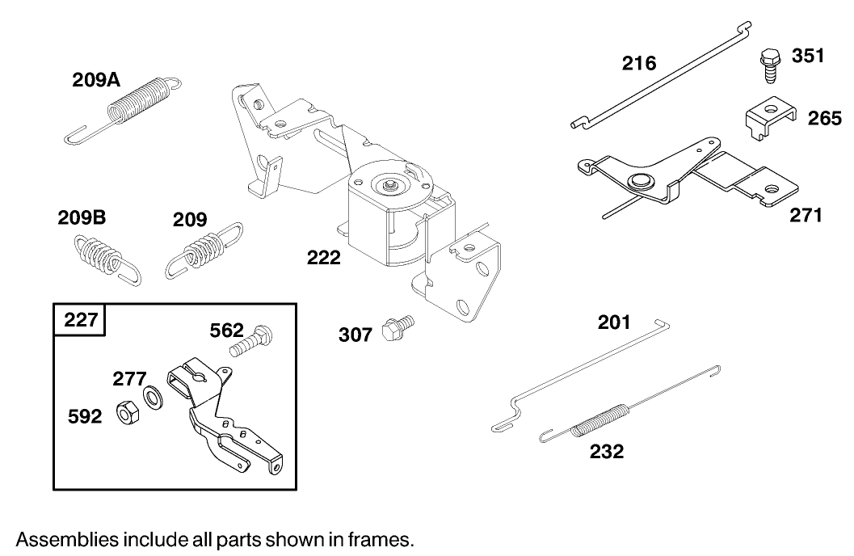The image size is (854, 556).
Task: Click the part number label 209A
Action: pyautogui.click(x=96, y=80)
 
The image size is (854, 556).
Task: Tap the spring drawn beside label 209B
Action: pyautogui.click(x=102, y=256)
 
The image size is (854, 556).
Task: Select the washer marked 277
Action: pyautogui.click(x=151, y=397)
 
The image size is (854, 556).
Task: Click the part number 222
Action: pyautogui.click(x=323, y=259)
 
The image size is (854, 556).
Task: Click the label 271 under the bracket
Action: pyautogui.click(x=806, y=215)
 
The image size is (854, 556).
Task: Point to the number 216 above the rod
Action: pyautogui.click(x=639, y=63)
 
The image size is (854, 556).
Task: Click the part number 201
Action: pyautogui.click(x=614, y=322)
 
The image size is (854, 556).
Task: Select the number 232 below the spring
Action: pyautogui.click(x=606, y=452)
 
